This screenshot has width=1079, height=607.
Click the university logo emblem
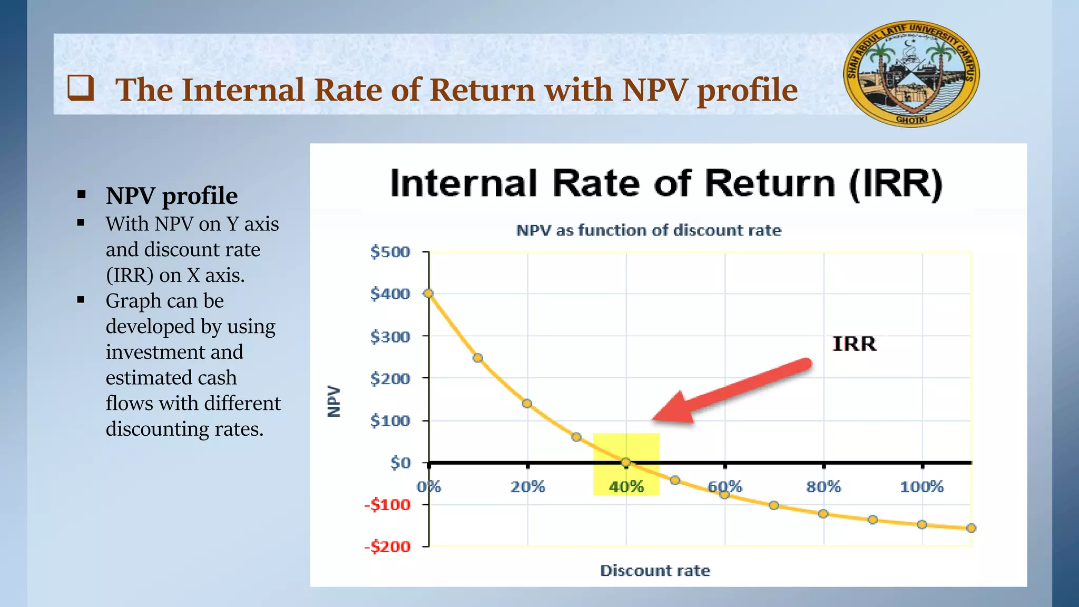911,74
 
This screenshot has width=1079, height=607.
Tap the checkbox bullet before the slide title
81,88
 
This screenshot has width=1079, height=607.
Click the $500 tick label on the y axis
390,252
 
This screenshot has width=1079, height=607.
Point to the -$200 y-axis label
387,547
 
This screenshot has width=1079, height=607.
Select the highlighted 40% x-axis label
626,486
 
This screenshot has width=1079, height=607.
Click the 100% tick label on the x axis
921,486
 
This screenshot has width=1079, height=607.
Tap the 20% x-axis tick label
527,486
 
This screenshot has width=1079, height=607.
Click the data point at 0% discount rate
429,293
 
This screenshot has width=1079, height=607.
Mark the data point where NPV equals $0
626,462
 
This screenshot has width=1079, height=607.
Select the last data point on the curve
972,528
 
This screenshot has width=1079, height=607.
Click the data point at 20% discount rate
527,404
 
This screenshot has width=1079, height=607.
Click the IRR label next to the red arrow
854,344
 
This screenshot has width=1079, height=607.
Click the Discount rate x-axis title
655,571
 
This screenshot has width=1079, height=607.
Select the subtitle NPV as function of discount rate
649,230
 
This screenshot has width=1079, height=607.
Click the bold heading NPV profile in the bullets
172,195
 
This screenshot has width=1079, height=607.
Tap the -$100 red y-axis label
387,505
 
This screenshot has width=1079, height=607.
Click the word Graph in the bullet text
133,301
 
